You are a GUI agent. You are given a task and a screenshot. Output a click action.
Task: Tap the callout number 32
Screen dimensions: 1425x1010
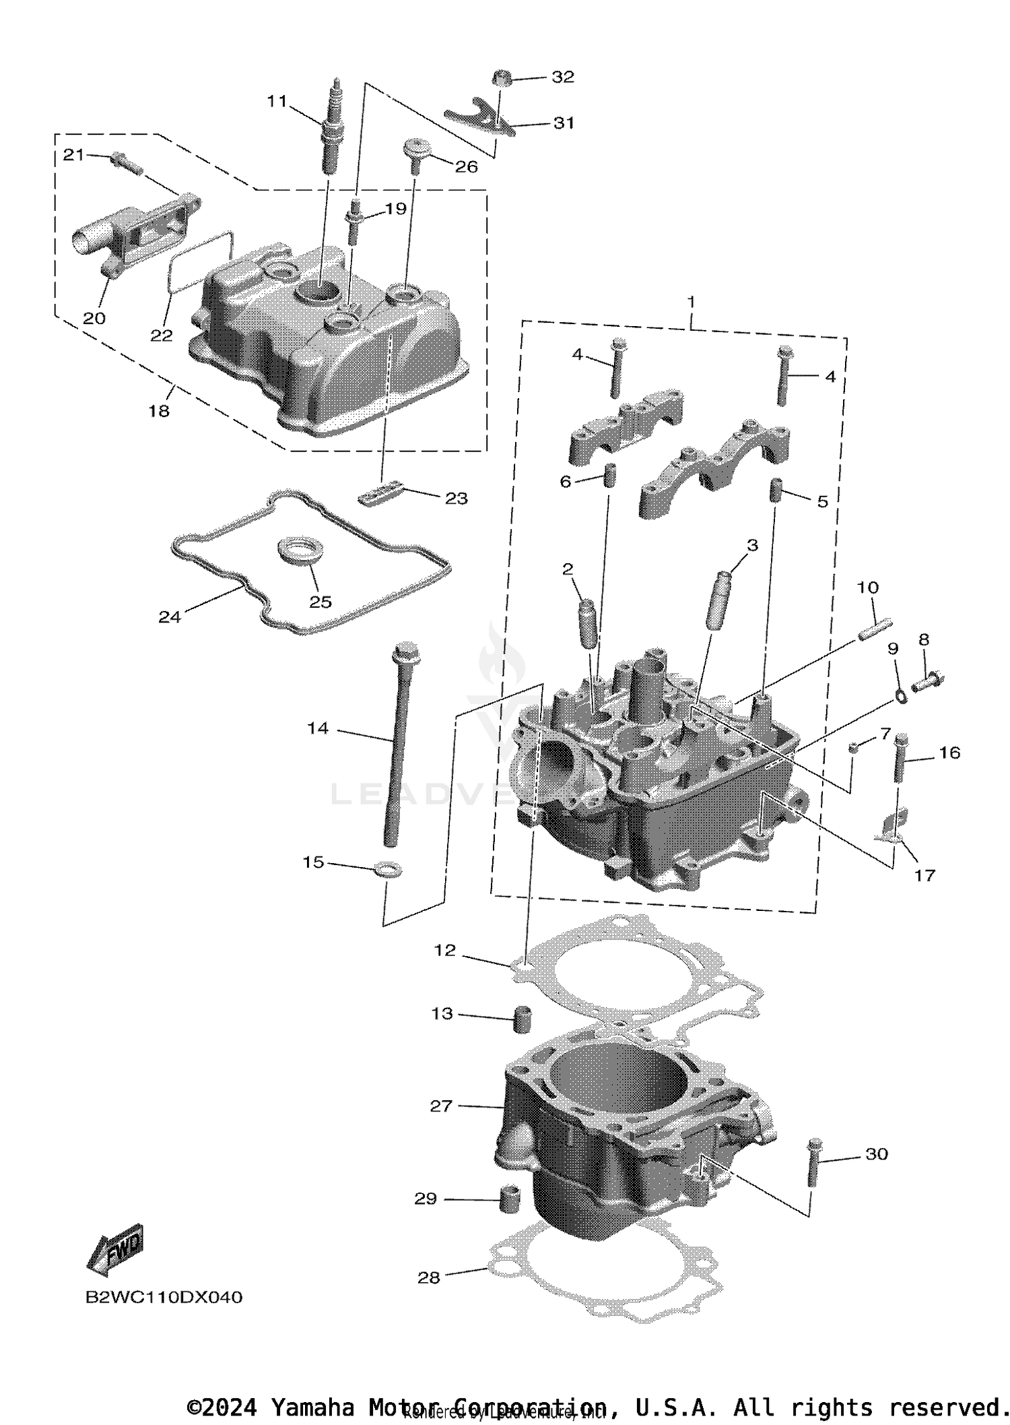(563, 77)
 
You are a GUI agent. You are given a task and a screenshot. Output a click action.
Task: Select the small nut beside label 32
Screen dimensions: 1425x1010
(502, 78)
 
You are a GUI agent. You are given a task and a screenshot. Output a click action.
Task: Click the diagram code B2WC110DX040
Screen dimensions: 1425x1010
(164, 1297)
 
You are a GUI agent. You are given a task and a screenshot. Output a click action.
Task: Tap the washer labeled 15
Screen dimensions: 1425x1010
(388, 869)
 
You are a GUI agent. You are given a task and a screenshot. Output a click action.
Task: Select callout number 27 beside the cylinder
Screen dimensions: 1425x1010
(441, 1106)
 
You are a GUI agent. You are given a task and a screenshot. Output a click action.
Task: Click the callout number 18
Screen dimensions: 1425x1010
(159, 410)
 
